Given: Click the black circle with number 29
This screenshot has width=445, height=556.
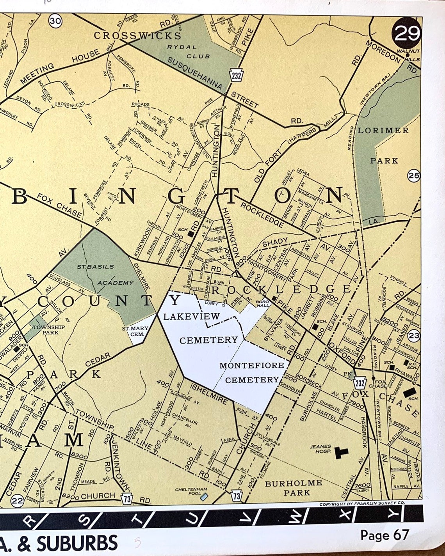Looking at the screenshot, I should (x=407, y=34).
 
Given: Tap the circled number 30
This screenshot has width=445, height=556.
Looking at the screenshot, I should (x=55, y=21).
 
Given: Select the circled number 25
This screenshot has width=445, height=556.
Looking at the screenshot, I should (x=414, y=176).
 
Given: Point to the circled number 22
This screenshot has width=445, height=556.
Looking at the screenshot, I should (x=17, y=501).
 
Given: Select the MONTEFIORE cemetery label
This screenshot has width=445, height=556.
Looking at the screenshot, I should (x=251, y=366).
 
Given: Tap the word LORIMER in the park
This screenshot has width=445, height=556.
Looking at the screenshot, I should (x=383, y=131).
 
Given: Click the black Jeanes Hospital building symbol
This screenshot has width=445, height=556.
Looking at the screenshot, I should (x=342, y=452).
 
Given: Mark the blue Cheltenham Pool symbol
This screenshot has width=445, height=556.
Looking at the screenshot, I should (x=203, y=497).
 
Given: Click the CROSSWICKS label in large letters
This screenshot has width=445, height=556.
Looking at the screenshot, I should (x=137, y=36).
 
